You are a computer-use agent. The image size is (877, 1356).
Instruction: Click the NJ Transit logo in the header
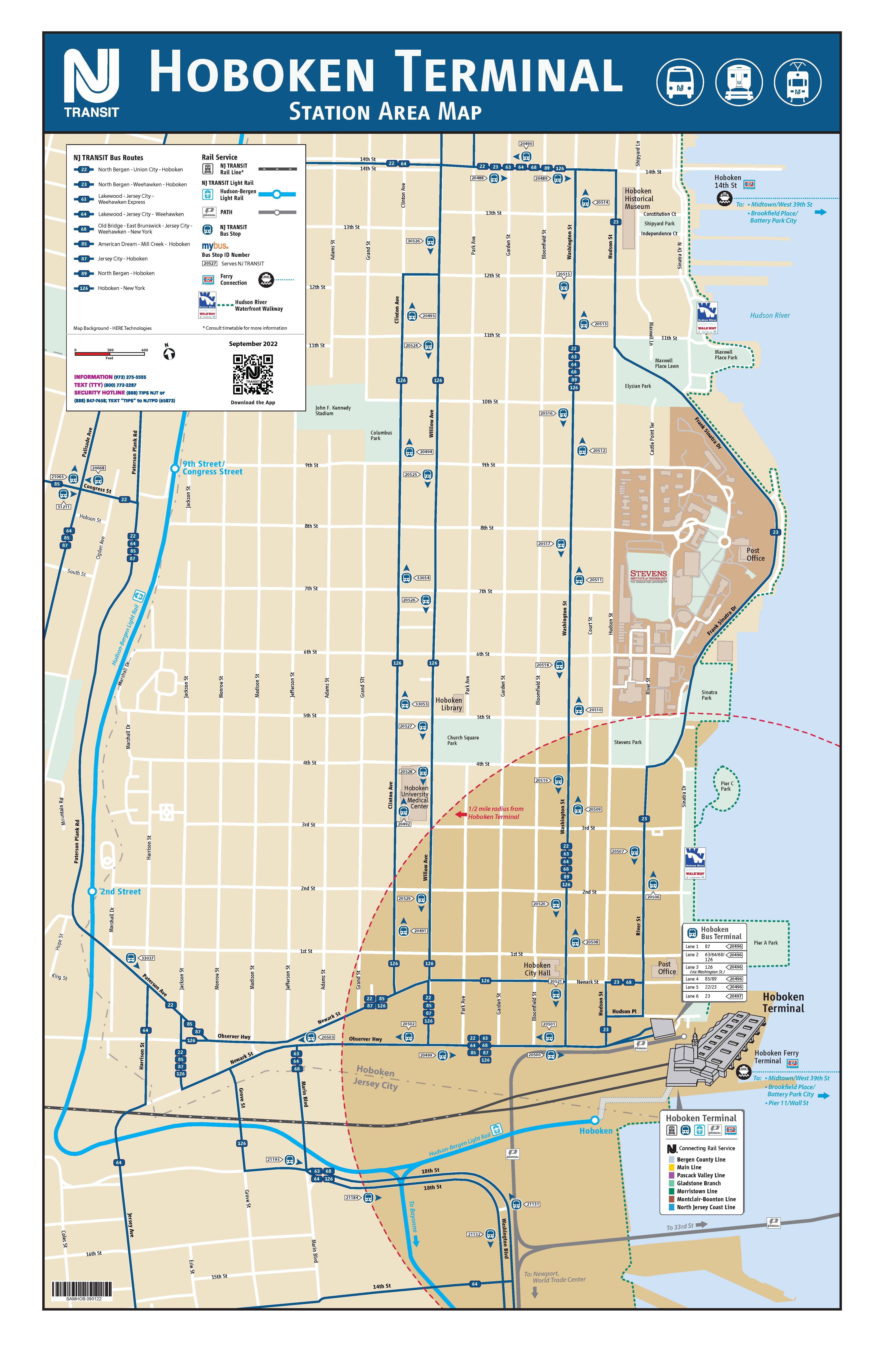(91, 83)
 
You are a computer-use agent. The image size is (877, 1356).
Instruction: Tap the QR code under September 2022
(253, 374)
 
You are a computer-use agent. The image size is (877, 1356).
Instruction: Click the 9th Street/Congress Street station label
(212, 468)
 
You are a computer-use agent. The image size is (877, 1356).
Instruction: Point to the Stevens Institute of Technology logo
(648, 576)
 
